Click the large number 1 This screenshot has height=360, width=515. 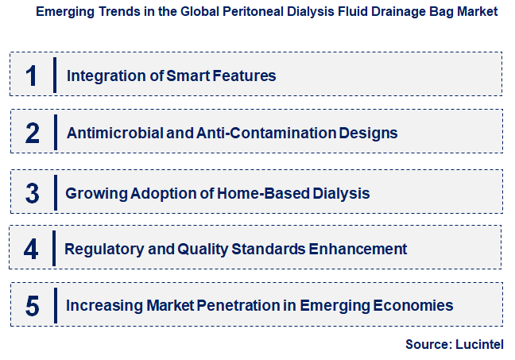(32, 75)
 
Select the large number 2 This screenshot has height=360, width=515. (33, 133)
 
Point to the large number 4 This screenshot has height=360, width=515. (32, 250)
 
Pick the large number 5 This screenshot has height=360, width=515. (33, 306)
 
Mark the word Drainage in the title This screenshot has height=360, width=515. (385, 12)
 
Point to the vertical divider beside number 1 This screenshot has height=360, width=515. (55, 75)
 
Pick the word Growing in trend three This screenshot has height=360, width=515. (91, 193)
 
